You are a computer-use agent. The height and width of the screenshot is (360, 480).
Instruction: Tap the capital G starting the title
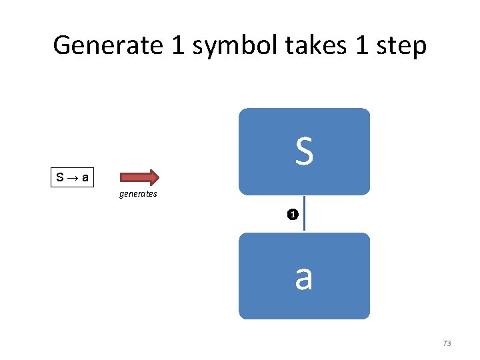[63, 46]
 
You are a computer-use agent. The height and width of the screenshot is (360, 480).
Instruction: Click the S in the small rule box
[60, 178]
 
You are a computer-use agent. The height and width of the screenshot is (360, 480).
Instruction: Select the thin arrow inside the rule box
[73, 178]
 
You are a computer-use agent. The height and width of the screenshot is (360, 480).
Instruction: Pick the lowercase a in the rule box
[86, 178]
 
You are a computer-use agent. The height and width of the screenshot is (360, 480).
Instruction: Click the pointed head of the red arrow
[153, 177]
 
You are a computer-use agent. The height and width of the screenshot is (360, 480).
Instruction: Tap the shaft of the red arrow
[133, 177]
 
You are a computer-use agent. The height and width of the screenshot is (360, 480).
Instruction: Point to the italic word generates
[138, 194]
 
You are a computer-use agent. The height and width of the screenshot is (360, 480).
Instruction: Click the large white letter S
[304, 151]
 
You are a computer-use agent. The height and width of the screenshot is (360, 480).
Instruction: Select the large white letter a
[304, 277]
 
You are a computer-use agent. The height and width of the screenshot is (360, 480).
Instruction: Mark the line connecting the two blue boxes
[305, 213]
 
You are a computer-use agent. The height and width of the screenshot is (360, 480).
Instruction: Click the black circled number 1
[292, 215]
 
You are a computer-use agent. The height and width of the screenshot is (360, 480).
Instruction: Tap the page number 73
[447, 343]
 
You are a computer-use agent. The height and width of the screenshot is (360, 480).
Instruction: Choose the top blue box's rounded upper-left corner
[243, 112]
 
